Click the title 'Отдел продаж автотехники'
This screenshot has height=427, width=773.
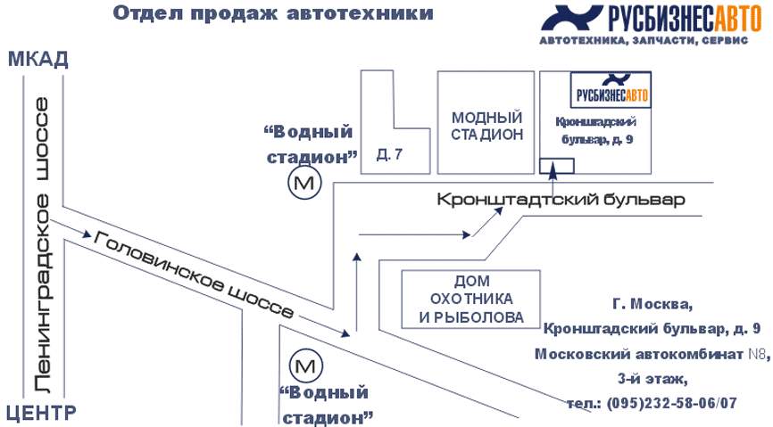coord(275,13)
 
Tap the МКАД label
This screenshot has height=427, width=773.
coord(37,60)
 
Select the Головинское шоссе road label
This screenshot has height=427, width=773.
coord(193,276)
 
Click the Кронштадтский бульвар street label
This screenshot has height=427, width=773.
coord(561,200)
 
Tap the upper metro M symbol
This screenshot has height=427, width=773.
coord(305,184)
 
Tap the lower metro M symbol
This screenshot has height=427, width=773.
coord(305,365)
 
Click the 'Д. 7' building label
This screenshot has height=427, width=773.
coord(389,155)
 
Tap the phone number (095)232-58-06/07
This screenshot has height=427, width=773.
coord(653,403)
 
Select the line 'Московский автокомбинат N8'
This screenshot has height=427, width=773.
coord(652,354)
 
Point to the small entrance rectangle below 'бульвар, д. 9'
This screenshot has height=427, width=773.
coord(557,166)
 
